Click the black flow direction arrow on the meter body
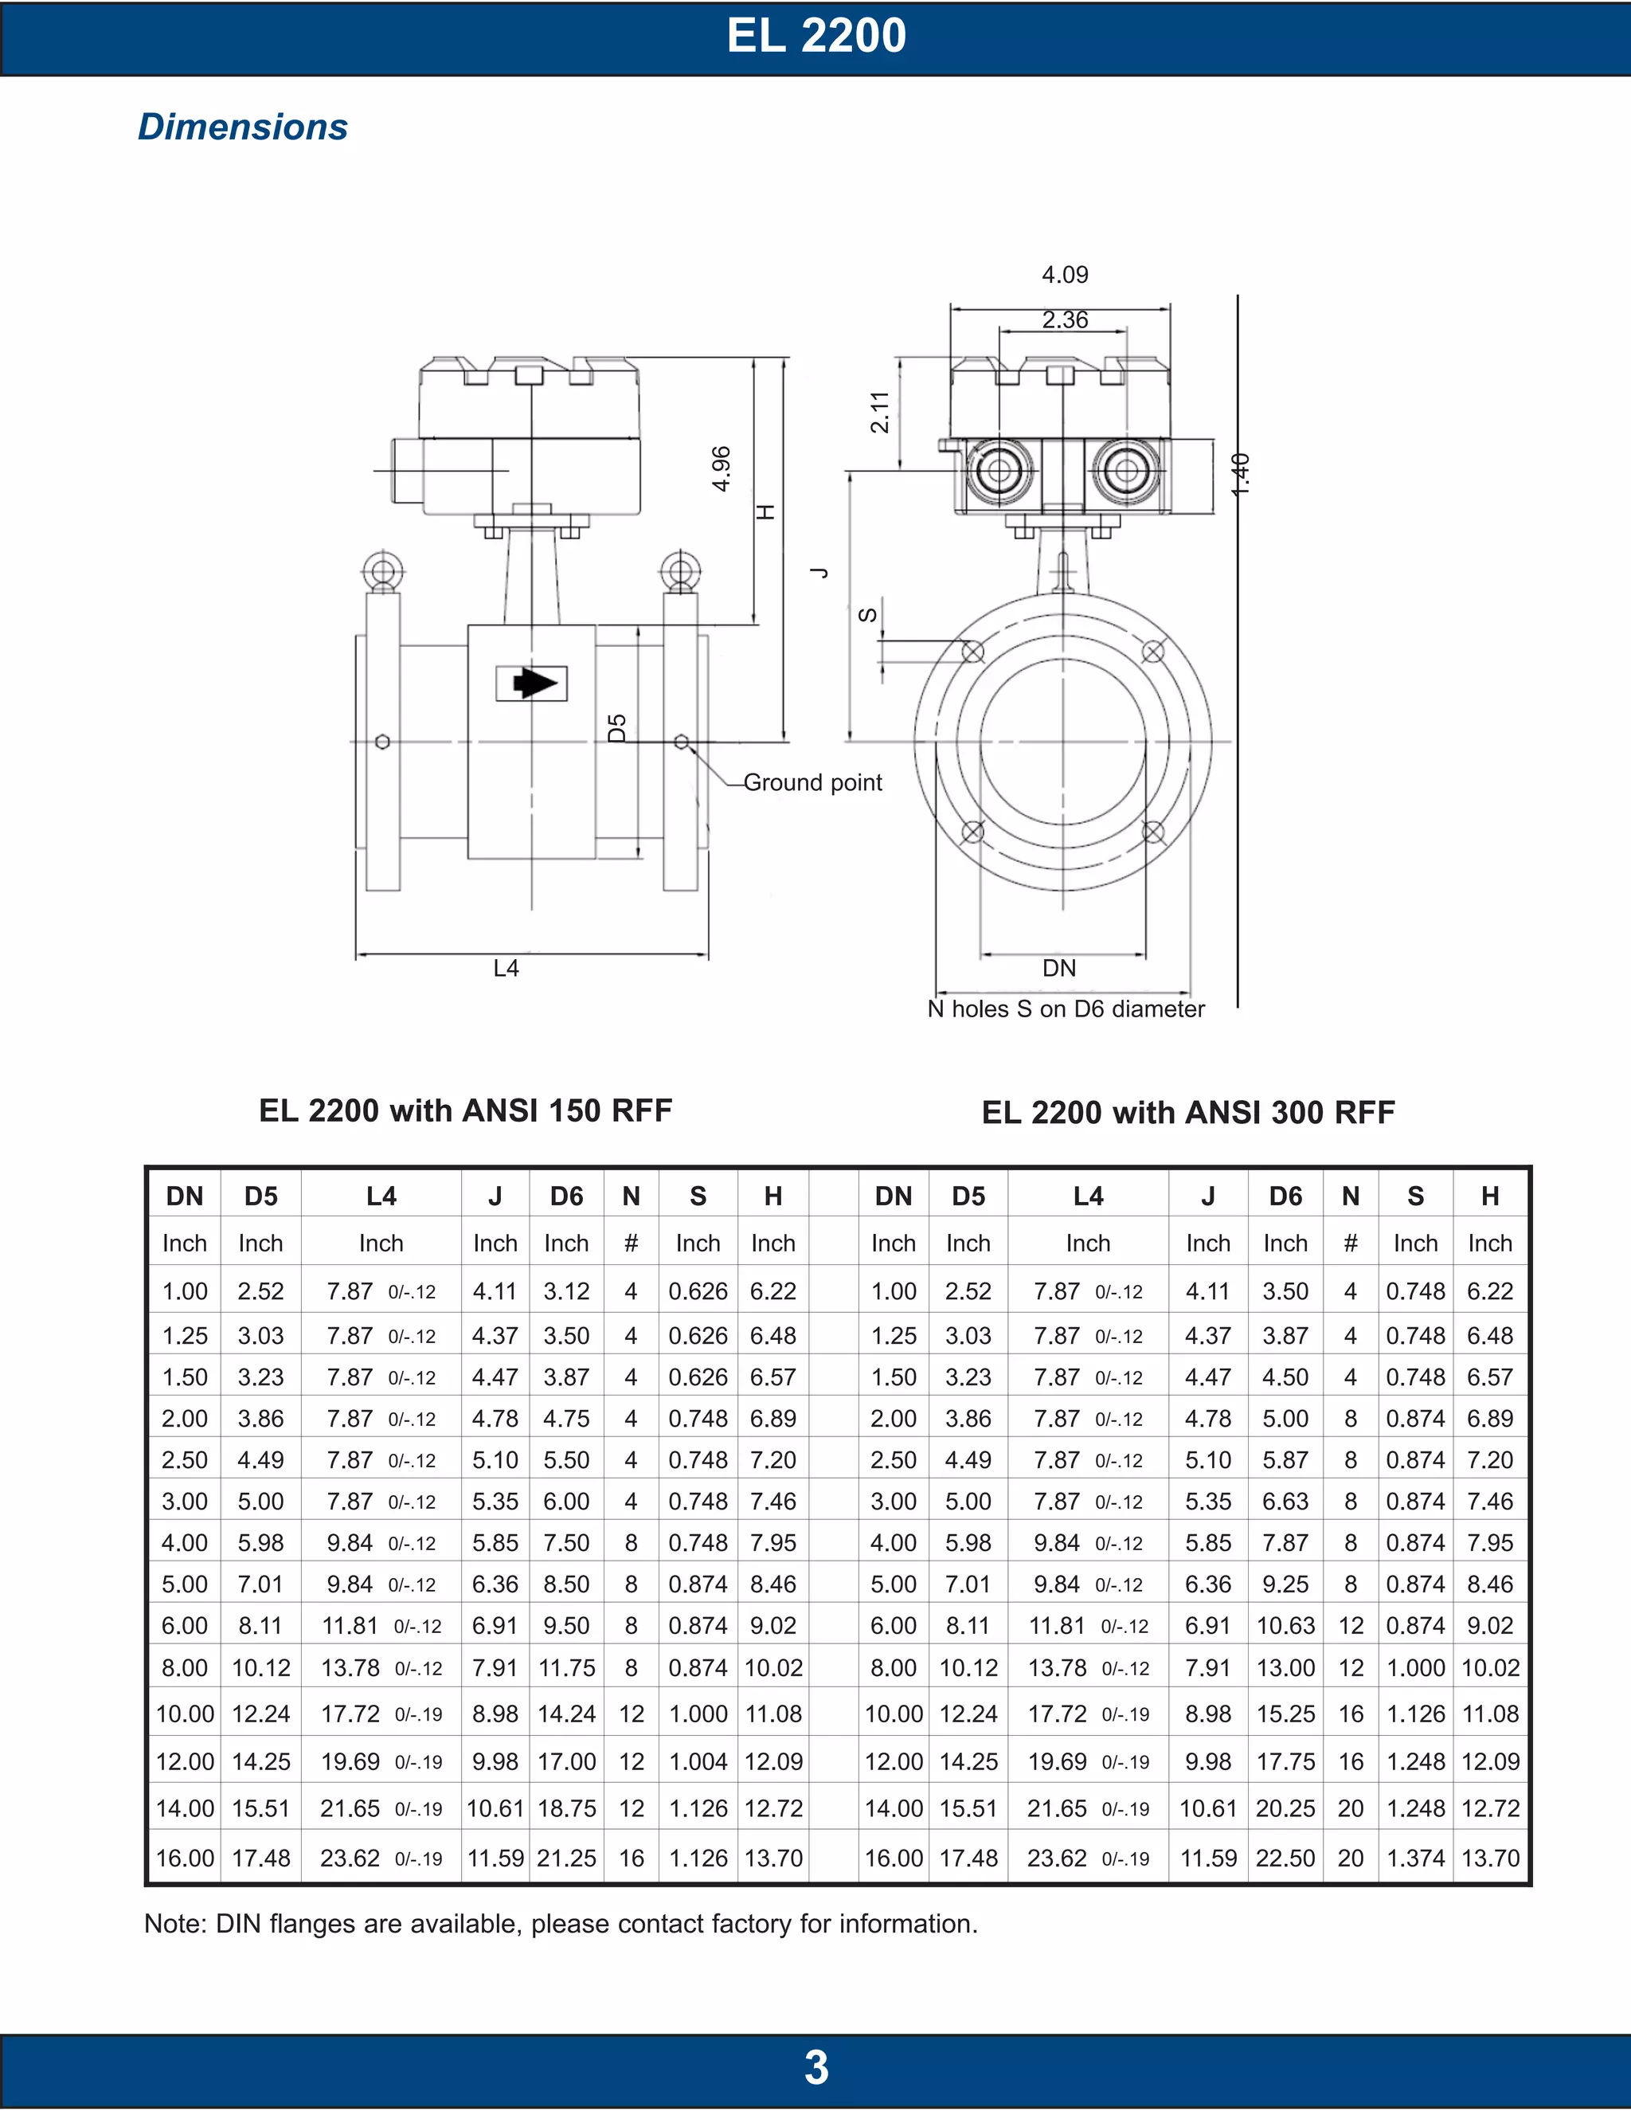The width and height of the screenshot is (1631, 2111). pos(534,683)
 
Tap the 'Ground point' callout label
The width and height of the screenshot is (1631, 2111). pos(812,782)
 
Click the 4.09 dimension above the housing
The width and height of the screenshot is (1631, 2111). pos(1064,275)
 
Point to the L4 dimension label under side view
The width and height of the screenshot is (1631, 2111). pos(506,968)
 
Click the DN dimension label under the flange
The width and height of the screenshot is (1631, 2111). pos(1059,968)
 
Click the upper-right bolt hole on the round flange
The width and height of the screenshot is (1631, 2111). pos(1152,652)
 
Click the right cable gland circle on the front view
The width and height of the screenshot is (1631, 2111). pos(1125,472)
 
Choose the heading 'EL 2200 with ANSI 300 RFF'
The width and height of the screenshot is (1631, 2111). pos(1187,1113)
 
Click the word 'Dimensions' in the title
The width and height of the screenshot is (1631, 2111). pos(243,127)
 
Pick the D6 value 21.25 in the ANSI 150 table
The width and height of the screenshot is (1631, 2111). pos(566,1858)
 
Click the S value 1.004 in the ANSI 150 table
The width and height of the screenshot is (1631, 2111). pos(698,1761)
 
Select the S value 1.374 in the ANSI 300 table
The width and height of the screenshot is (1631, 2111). pos(1415,1858)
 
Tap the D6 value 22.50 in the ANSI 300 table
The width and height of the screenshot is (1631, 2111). pos(1285,1858)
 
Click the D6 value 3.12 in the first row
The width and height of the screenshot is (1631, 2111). pos(566,1291)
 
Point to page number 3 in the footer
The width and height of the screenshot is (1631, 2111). pos(815,2067)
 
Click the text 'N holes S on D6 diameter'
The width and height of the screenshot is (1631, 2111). pos(1066,1009)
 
